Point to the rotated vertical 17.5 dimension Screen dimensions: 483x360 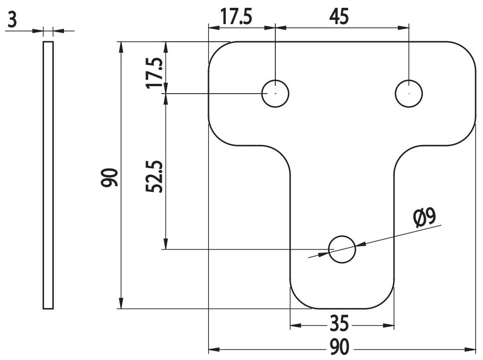coord(155,73)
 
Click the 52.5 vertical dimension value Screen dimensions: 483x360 coord(154,177)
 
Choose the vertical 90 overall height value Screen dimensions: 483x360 coord(110,177)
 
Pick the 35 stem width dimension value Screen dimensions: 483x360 coord(339,323)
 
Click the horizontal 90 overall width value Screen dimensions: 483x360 coord(340,347)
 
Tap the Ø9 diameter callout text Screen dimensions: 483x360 coord(425,218)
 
